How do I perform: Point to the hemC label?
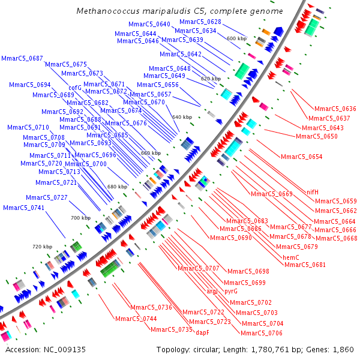click(x=295, y=257)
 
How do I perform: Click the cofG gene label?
click(x=76, y=88)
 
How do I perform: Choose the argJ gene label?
click(x=212, y=291)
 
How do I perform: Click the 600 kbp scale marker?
click(x=236, y=38)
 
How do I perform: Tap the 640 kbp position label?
click(x=182, y=117)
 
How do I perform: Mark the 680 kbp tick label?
click(x=117, y=187)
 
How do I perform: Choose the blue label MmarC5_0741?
click(x=23, y=208)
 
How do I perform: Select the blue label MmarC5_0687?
click(x=22, y=58)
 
